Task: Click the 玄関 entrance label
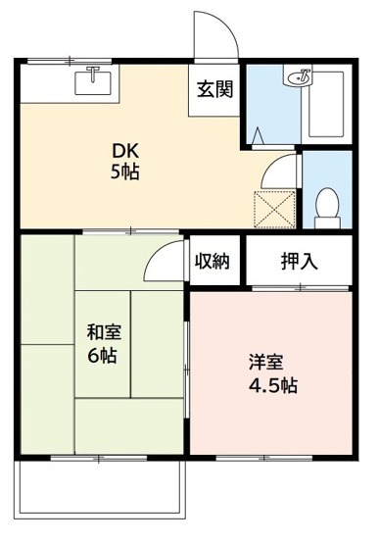point(215,91)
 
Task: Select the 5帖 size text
point(124,173)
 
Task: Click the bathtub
point(327,103)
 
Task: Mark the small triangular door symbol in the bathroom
point(258,133)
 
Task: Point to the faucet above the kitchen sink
point(94,73)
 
